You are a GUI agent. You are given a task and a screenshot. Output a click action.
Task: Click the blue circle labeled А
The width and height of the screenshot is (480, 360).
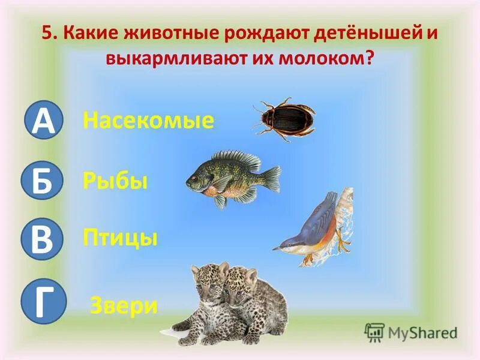pos(43,121)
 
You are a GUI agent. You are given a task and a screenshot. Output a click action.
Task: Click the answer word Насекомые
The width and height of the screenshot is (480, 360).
pos(148,121)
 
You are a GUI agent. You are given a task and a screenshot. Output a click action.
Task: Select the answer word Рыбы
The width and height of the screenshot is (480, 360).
pos(115,181)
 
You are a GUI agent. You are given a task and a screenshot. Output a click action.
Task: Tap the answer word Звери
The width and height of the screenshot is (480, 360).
pos(124,306)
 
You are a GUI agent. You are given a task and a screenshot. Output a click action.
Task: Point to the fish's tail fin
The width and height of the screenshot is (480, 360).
pos(271,178)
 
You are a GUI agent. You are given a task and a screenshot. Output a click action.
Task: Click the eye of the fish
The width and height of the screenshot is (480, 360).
pos(195,176)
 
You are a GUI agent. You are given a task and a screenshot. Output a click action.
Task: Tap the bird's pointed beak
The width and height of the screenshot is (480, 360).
pos(280,247)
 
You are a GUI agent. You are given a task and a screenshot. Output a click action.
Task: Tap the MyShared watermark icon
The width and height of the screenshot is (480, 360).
pos(374,332)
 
